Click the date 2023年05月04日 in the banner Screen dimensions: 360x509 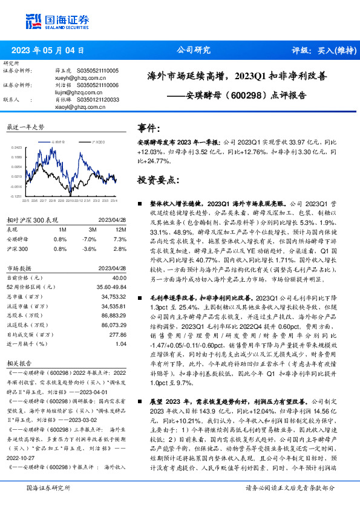click(x=48, y=51)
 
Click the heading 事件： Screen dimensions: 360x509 click(x=149, y=129)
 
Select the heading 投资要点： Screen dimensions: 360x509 click(x=159, y=181)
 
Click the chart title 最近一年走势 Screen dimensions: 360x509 click(x=25, y=128)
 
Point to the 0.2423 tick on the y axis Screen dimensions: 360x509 click(x=17, y=146)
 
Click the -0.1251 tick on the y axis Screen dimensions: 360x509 click(x=16, y=196)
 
